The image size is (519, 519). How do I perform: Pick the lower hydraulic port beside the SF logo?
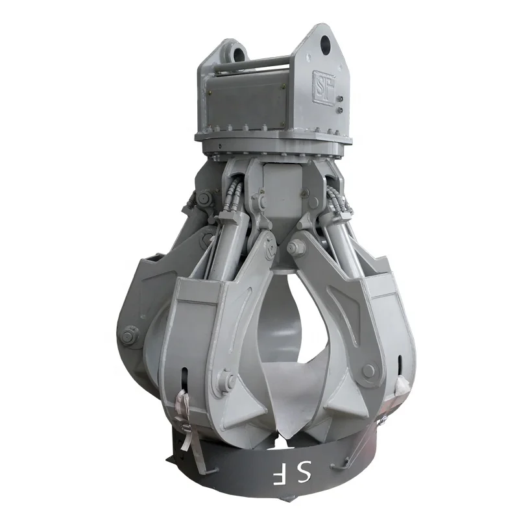pyautogui.click(x=339, y=111)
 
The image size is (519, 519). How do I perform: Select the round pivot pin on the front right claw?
pyautogui.click(x=368, y=370)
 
